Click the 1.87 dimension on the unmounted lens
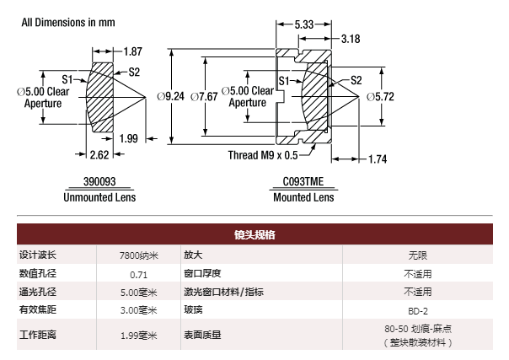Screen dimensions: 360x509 pos(133,51)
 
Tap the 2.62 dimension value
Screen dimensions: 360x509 pos(99,154)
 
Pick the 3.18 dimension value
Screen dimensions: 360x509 pos(351,39)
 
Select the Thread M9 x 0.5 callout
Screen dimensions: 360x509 pos(262,155)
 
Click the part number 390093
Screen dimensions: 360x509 pos(99,181)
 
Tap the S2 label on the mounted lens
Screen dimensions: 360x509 pos(356,80)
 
